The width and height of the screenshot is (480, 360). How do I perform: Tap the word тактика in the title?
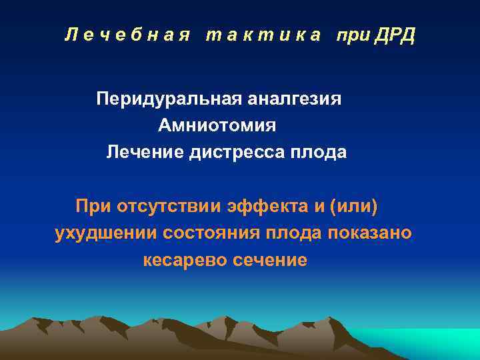point(263,35)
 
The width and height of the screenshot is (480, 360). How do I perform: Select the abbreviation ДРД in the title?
point(394,35)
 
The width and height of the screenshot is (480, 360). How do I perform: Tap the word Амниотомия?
point(217,125)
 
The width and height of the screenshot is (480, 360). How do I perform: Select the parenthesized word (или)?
point(353,207)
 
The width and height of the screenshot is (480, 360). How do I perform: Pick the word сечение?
point(270,260)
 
